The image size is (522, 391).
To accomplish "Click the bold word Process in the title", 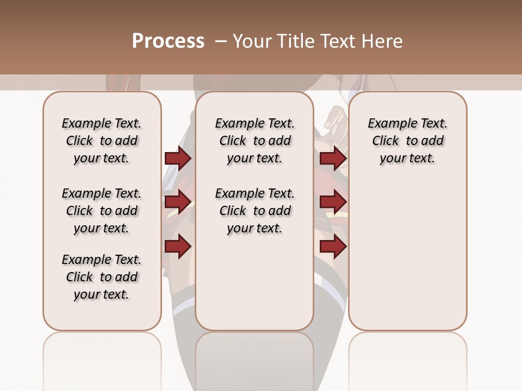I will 168,41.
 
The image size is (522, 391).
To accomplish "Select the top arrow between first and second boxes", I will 178,159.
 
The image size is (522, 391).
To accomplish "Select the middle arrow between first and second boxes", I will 178,202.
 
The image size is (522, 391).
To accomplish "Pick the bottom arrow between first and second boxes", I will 178,247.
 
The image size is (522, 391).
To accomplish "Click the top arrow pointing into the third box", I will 333,159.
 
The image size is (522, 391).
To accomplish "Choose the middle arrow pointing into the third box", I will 333,202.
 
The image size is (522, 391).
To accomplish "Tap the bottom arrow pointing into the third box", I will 333,247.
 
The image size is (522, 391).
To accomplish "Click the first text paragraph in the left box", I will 102,141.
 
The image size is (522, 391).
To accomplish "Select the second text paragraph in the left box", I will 102,211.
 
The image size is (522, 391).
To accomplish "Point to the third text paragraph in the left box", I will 102,277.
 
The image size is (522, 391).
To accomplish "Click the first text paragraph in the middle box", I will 255,141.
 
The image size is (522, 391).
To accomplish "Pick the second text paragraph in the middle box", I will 255,211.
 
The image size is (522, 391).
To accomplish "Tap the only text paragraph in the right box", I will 408,141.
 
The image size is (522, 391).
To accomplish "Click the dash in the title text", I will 220,41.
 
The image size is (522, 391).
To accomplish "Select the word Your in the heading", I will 250,41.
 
